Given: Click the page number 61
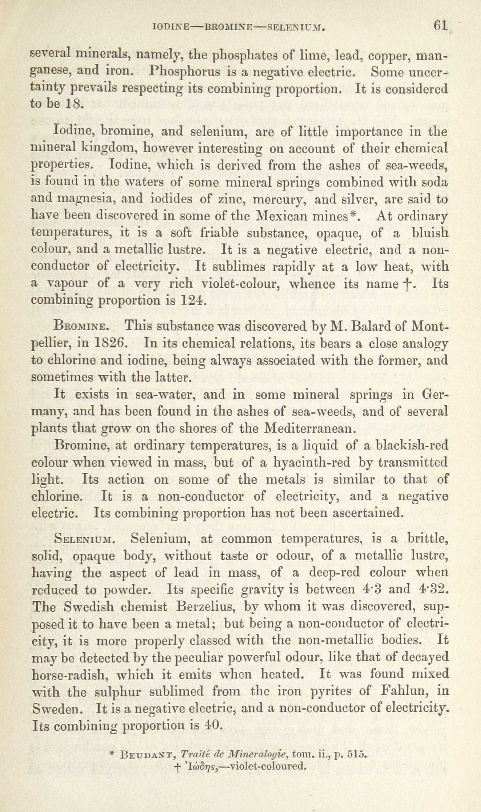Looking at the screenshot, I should coord(440,26).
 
